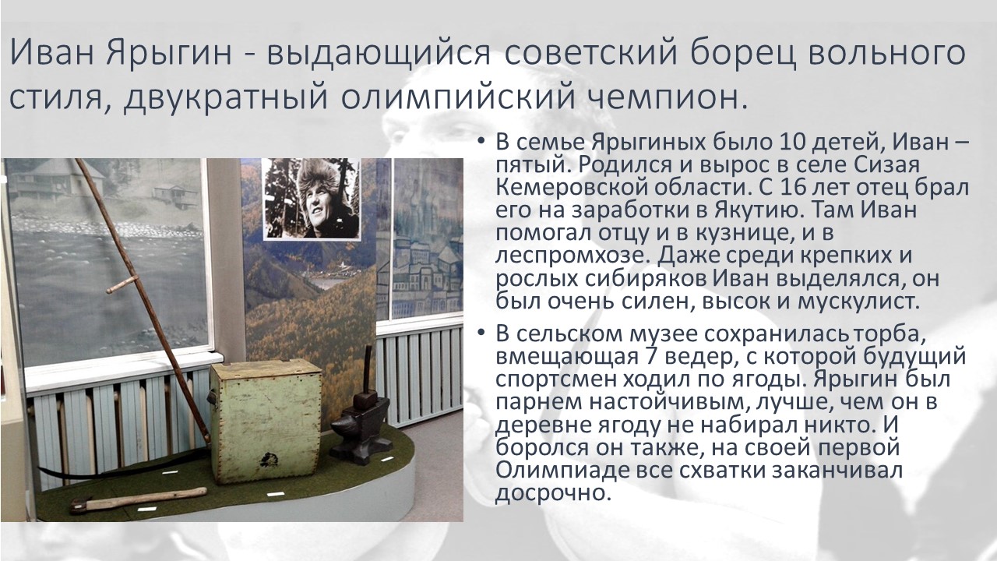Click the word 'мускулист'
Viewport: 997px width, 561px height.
(x=856, y=302)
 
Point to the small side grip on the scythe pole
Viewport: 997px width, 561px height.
(x=122, y=285)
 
